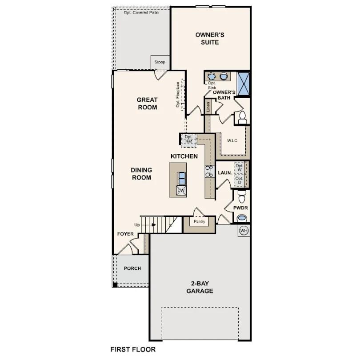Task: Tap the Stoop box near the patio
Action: coord(160,62)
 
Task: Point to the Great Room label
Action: coord(147,104)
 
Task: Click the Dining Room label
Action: coord(141,174)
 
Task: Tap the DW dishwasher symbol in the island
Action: coord(181,190)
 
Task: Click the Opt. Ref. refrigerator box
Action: coord(189,139)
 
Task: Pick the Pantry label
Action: coord(199,221)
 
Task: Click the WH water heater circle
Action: coord(244,231)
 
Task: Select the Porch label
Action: coord(132,268)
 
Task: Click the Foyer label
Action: coord(125,234)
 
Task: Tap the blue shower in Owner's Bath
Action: coord(244,83)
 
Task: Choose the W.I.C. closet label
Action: coord(233,140)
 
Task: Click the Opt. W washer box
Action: coord(240,168)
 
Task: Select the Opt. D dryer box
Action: coord(240,180)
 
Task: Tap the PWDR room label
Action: coord(241,208)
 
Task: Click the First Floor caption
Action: coord(133,349)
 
